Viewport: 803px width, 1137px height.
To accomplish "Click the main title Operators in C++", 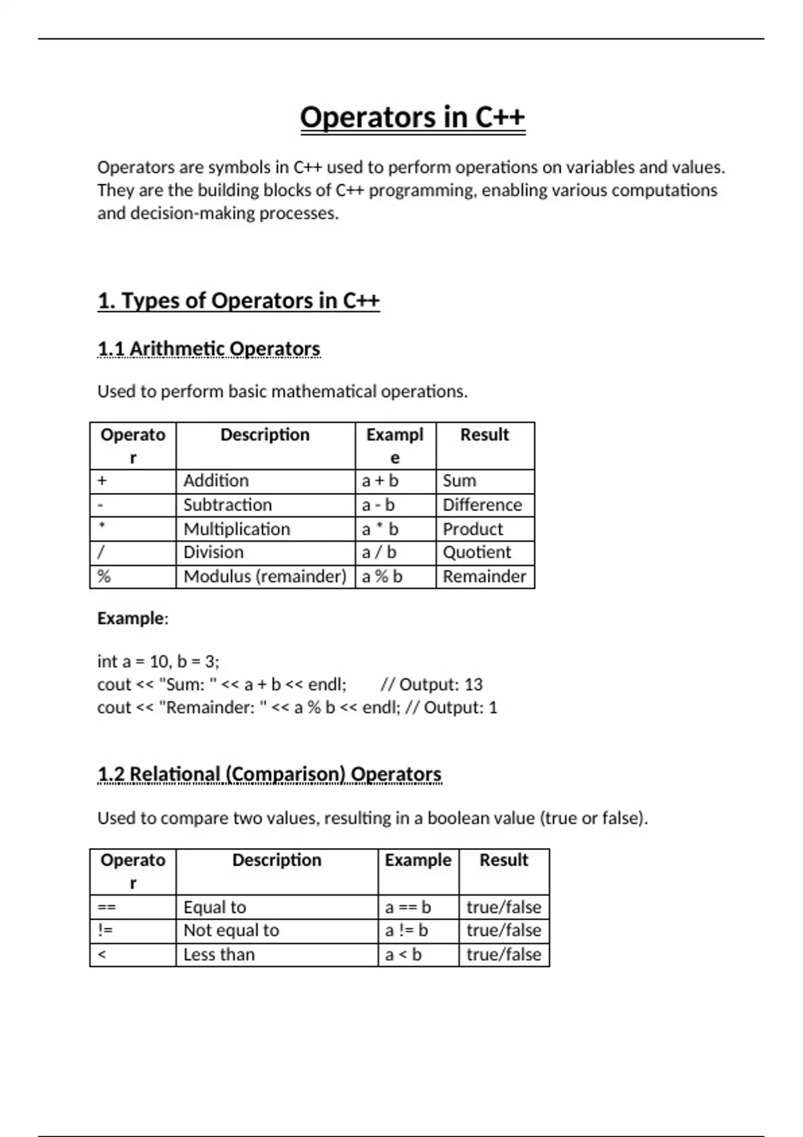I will pyautogui.click(x=412, y=117).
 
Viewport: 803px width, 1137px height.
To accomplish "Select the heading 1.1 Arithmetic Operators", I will pyautogui.click(x=209, y=348).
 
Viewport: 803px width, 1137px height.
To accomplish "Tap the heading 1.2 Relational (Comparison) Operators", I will pyautogui.click(x=269, y=774).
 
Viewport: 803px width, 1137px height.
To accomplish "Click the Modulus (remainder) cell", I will pyautogui.click(x=265, y=577).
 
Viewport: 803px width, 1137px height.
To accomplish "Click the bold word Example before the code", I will pyautogui.click(x=130, y=618).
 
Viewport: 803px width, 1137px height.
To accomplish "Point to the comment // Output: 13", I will pyautogui.click(x=431, y=684).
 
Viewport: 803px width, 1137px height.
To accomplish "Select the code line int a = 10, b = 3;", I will pyautogui.click(x=158, y=661).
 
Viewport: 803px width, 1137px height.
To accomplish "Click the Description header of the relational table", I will pyautogui.click(x=276, y=860).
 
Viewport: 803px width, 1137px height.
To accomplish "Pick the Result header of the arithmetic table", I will pyautogui.click(x=484, y=435).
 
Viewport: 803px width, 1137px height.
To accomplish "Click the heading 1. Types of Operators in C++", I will pyautogui.click(x=238, y=301).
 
